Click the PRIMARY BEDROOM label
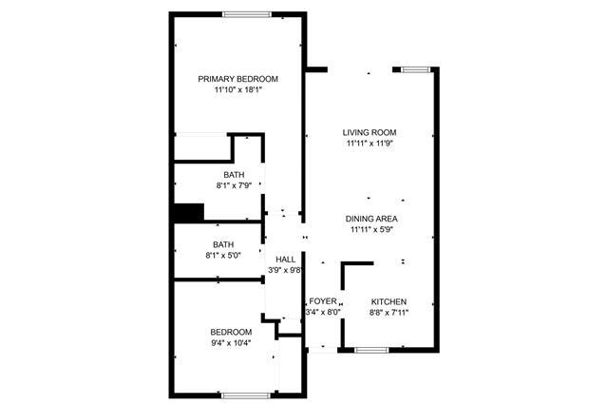click(237, 79)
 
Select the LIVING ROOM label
click(370, 133)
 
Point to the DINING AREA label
click(371, 219)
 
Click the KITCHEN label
click(389, 301)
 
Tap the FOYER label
click(323, 301)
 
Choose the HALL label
click(285, 260)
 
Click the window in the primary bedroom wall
click(247, 15)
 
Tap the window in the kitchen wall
click(371, 350)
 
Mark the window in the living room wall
click(416, 69)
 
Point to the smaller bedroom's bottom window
click(246, 395)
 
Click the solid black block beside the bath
click(189, 213)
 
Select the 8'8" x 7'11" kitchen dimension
click(389, 313)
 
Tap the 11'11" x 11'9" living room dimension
click(370, 144)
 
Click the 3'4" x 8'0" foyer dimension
click(323, 312)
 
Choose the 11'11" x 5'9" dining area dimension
click(372, 230)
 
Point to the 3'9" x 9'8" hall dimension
click(285, 270)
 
